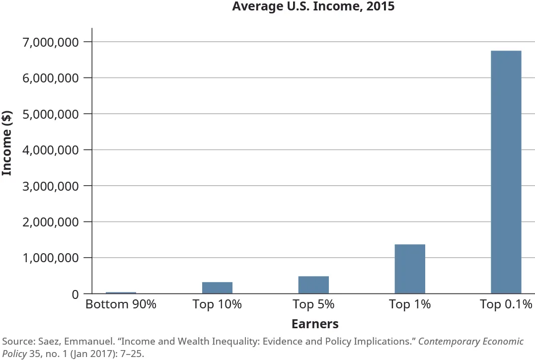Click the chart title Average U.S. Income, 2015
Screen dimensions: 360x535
coord(313,7)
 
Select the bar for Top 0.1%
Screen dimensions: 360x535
coord(506,172)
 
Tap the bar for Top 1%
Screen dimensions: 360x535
coord(410,269)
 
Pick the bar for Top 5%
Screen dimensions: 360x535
coord(313,285)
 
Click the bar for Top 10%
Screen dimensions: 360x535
coord(217,288)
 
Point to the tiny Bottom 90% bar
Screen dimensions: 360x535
coord(121,293)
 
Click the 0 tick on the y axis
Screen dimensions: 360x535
coord(74,294)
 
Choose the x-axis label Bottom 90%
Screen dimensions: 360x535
coord(121,304)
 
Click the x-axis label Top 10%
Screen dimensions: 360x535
coord(217,304)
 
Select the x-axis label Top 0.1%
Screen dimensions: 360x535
coord(506,304)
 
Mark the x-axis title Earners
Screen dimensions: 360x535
coord(314,324)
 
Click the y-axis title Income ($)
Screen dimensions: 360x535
coord(7,143)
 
